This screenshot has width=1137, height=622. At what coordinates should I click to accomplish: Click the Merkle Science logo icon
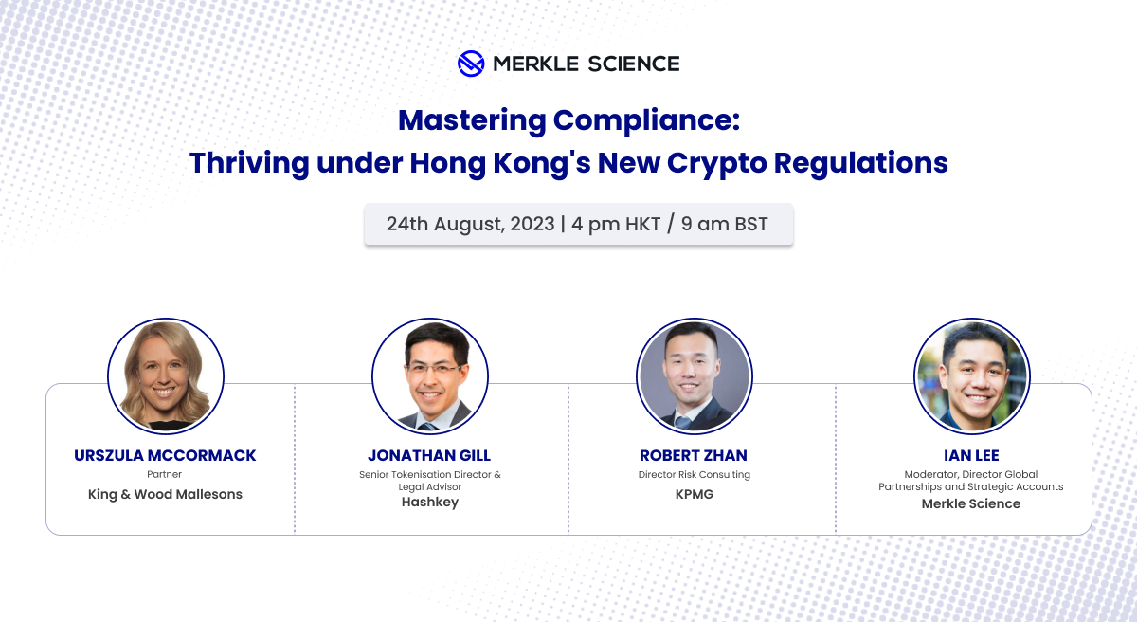coord(471,64)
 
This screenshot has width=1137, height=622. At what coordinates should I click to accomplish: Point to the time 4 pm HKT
coord(617,225)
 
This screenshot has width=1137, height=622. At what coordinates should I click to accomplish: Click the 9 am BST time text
coord(725,225)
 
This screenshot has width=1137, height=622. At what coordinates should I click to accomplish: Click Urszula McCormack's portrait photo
coord(166,376)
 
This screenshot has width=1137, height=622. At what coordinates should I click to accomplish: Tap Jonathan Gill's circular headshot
coord(430,376)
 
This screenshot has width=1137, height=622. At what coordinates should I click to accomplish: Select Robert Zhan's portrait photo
coord(694,376)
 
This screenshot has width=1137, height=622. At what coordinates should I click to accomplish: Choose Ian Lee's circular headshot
coord(971,376)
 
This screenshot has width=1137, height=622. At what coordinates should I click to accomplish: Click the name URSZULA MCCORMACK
coord(165,456)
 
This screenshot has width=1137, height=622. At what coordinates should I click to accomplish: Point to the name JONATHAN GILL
coord(429,456)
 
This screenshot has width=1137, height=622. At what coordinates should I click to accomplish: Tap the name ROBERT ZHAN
coord(694,456)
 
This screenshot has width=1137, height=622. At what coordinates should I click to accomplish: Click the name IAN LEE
coord(971,456)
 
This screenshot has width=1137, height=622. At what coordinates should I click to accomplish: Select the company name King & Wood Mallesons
coord(165,494)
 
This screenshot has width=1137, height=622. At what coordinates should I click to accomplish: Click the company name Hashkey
coord(429,503)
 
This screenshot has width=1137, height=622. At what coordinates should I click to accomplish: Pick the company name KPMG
coord(694,494)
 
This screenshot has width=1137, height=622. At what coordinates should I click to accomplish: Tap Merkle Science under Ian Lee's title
coord(971,503)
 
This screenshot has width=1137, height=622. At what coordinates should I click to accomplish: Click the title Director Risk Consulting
coord(694,474)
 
